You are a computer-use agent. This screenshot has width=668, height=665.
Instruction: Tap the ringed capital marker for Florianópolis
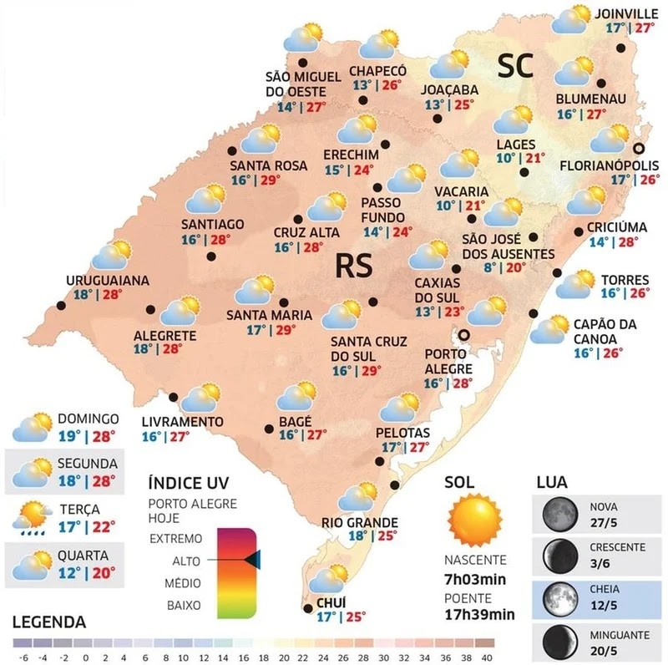tap(639, 148)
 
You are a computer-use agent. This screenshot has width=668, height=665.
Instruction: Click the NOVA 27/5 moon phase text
tap(606, 512)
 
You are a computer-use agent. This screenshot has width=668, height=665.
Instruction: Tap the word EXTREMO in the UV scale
tap(175, 538)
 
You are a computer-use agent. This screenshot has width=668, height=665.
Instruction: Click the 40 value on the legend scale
tap(488, 644)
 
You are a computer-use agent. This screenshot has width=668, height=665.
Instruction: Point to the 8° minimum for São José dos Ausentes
tap(490, 268)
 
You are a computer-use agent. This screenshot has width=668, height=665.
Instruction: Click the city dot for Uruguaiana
tap(59, 304)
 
